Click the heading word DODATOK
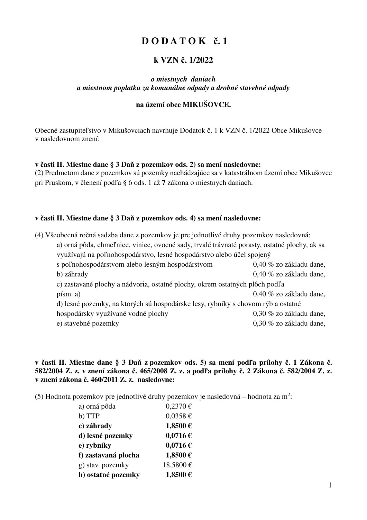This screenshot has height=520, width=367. tap(174, 41)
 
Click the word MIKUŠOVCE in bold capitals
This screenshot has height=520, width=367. tap(206, 105)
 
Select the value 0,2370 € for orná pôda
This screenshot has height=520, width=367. tap(179, 406)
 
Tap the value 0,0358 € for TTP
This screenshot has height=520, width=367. tap(179, 416)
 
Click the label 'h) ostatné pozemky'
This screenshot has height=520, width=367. tap(109, 475)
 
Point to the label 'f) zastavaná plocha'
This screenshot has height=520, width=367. tap(109, 455)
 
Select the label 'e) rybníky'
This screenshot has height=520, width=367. tap(95, 445)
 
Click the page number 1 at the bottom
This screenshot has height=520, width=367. tap(330, 485)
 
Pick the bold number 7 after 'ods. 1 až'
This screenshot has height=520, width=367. tap(164, 183)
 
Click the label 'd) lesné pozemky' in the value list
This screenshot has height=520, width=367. tap(106, 436)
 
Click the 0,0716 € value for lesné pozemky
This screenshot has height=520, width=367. tap(179, 436)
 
